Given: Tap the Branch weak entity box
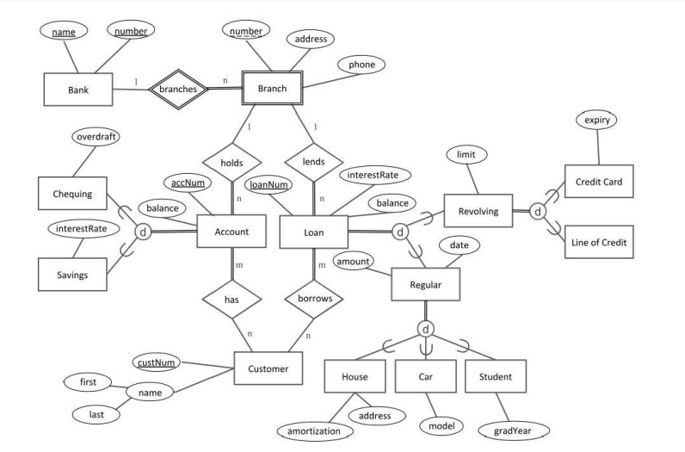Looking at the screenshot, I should tap(272, 89).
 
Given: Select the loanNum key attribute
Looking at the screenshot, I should tap(268, 183).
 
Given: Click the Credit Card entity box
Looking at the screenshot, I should tap(598, 183).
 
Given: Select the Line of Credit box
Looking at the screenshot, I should tap(598, 244).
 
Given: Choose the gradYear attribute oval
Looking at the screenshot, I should tap(515, 429).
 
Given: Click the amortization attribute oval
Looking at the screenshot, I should tap(319, 430).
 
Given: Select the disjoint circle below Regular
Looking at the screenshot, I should tap(425, 328).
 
